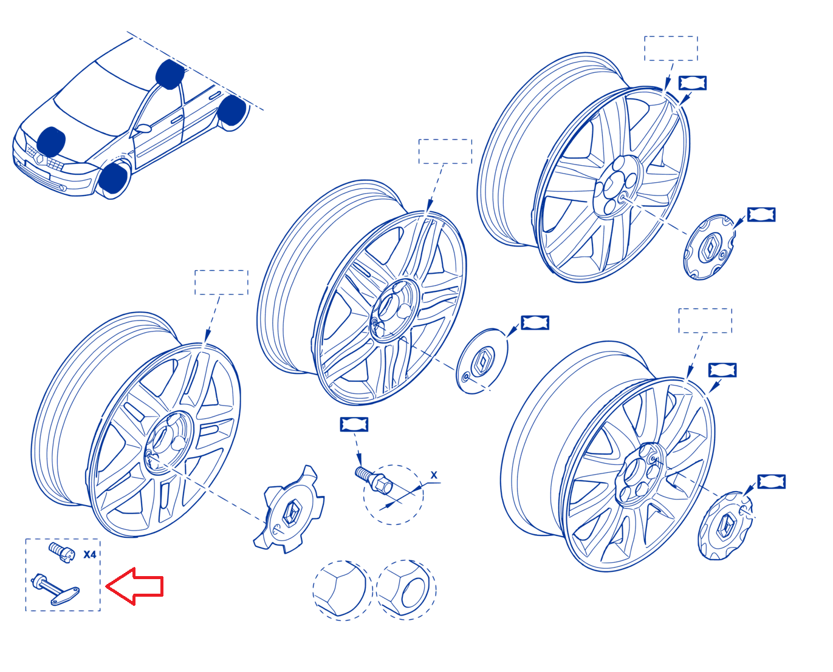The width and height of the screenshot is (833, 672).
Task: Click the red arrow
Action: click(x=135, y=586)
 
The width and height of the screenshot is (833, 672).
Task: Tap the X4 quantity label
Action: click(x=89, y=554)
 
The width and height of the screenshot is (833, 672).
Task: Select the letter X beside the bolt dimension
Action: click(x=434, y=475)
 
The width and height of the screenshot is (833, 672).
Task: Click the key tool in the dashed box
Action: click(x=55, y=589)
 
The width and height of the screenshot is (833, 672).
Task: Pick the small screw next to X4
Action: click(x=61, y=552)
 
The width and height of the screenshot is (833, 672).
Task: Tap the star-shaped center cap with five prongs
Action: click(x=289, y=510)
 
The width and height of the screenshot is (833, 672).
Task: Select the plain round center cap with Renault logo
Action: click(x=482, y=361)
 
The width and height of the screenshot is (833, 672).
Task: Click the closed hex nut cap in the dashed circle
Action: click(x=340, y=589)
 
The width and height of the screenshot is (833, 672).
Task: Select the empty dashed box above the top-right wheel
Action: click(x=671, y=49)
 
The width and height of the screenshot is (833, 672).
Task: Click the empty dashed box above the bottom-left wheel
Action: click(x=221, y=282)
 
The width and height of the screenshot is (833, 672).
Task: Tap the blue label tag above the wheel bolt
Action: click(x=354, y=424)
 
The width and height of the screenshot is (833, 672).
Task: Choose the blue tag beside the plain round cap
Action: click(x=535, y=323)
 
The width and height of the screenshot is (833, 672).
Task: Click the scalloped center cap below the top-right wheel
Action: click(x=709, y=247)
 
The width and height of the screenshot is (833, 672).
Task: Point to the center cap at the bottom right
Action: click(x=725, y=526)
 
